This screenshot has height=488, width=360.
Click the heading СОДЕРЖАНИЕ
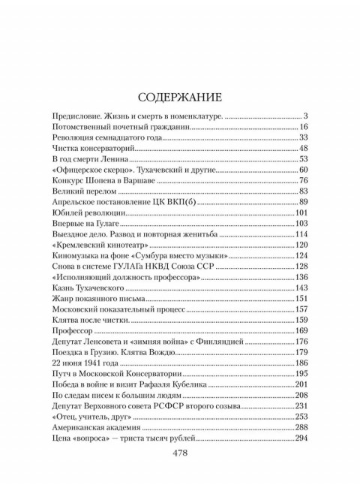[x=180, y=98]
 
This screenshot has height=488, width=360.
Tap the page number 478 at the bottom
[x=180, y=453]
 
